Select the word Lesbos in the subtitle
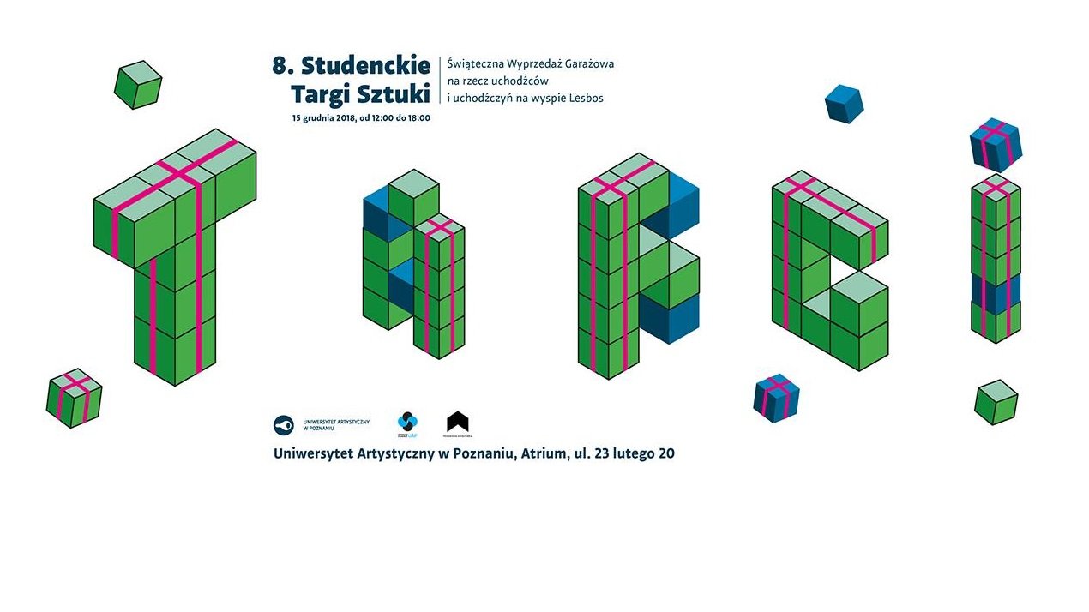coord(584,99)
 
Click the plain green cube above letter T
coord(138,85)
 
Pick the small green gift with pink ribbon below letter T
coord(75,398)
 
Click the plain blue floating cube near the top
coord(844,104)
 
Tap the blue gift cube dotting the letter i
coord(996,145)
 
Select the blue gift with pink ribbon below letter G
coord(777,399)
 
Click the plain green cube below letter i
coord(996,402)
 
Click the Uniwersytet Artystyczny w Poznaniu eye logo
coord(283,423)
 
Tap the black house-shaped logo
coord(458,422)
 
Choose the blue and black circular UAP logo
coord(408,422)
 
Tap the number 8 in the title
coord(278,66)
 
